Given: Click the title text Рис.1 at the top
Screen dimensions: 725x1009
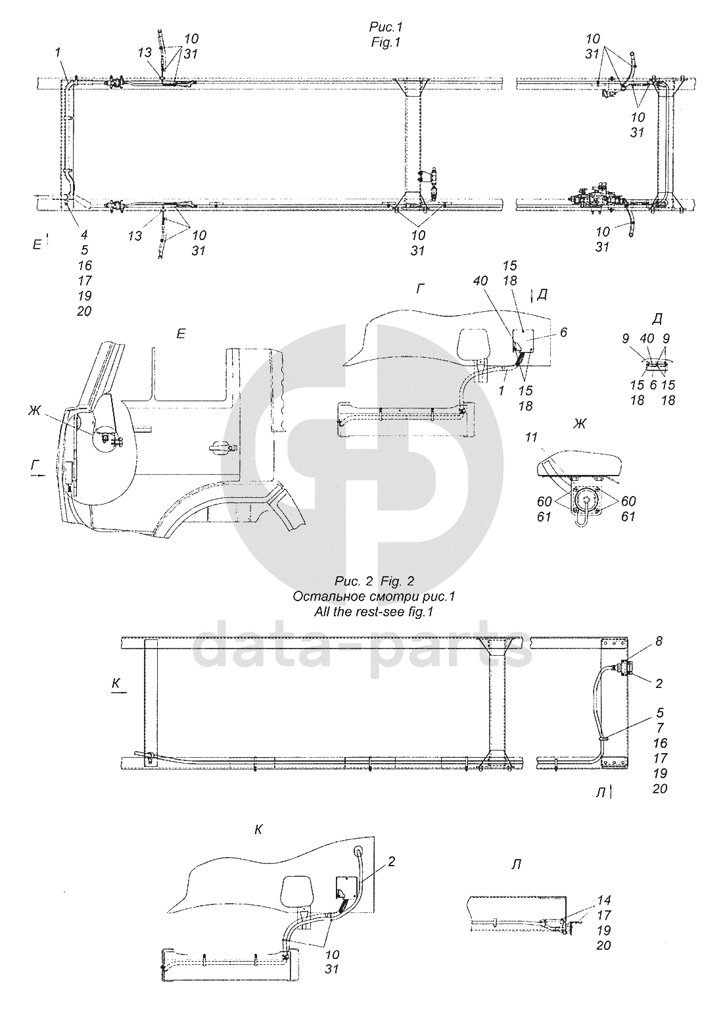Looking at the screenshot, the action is [385, 28].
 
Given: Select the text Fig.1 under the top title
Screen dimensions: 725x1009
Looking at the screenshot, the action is [386, 42].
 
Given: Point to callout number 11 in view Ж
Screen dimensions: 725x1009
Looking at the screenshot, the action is [531, 437].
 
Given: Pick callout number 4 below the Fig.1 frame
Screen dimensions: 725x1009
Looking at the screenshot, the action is [84, 235].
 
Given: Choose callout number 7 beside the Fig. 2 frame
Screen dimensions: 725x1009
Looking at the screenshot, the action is [660, 728].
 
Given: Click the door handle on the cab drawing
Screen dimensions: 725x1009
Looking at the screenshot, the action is [223, 447].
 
